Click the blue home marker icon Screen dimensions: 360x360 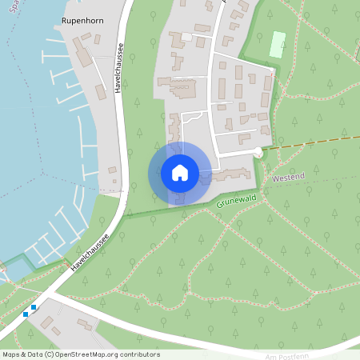click(180, 173)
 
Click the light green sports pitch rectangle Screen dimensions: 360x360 click(278, 44)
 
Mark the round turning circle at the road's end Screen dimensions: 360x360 click(258, 152)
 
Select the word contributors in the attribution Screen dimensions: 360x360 click(140, 354)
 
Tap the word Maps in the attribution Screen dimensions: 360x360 click(11, 354)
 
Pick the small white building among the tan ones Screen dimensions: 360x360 click(186, 37)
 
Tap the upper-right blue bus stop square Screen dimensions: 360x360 click(34, 306)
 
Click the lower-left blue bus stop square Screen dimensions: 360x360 click(26, 314)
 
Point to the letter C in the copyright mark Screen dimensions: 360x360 click(50, 354)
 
